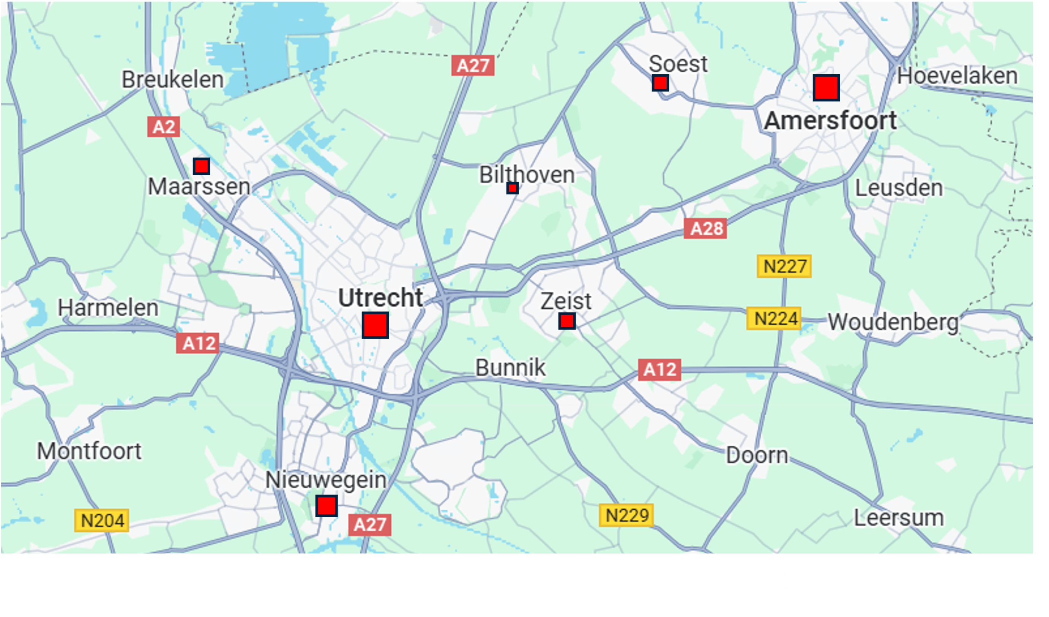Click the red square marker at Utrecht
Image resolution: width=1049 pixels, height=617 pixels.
pyautogui.click(x=375, y=325)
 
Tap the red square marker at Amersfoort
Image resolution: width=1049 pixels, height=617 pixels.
pyautogui.click(x=826, y=88)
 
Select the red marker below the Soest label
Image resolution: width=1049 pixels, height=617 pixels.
pyautogui.click(x=660, y=83)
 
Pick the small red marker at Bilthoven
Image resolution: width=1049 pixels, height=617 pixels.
pyautogui.click(x=513, y=188)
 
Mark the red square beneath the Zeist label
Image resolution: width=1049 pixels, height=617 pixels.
pyautogui.click(x=567, y=321)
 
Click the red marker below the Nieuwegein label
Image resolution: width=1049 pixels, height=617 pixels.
pyautogui.click(x=327, y=506)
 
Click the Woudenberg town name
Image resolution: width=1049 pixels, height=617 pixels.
pyautogui.click(x=893, y=322)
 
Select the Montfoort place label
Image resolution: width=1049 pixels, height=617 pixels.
pyautogui.click(x=90, y=451)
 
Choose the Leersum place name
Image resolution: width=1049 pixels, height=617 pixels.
pyautogui.click(x=899, y=518)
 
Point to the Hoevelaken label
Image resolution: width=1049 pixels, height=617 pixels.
pyautogui.click(x=957, y=76)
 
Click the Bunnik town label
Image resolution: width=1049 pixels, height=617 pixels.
pyautogui.click(x=510, y=367)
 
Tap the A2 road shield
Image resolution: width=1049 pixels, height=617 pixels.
pyautogui.click(x=164, y=127)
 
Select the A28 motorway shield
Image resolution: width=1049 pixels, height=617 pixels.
pyautogui.click(x=705, y=228)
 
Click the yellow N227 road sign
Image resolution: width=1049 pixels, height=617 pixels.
pyautogui.click(x=784, y=266)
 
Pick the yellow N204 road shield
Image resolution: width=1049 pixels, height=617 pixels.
pyautogui.click(x=102, y=520)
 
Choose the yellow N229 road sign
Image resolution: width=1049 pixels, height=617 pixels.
pyautogui.click(x=626, y=515)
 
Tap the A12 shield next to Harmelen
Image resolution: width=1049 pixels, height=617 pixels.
pyautogui.click(x=198, y=343)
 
